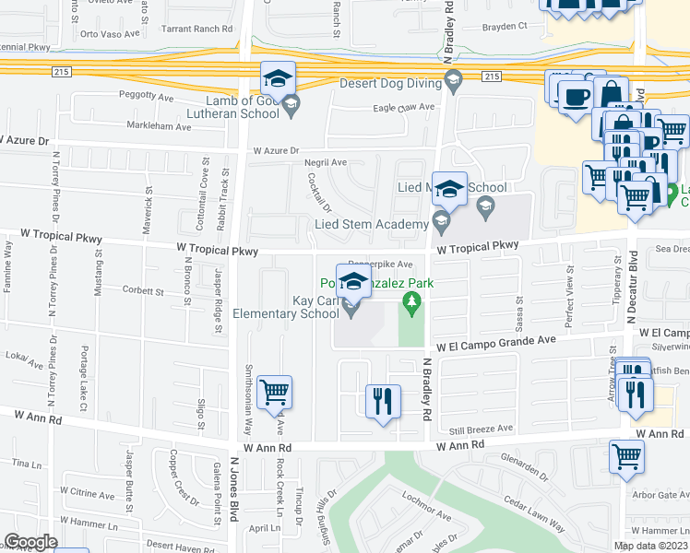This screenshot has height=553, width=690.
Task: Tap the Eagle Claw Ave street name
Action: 403,108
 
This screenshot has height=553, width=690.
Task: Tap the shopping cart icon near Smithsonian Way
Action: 274,392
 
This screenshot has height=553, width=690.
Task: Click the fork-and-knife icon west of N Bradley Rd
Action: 382,401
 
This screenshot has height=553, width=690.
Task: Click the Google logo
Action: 30,542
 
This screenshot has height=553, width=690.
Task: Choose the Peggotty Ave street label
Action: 146,96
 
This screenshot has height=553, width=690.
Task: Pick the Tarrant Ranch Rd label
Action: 195,29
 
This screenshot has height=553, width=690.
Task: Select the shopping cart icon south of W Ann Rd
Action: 626,455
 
